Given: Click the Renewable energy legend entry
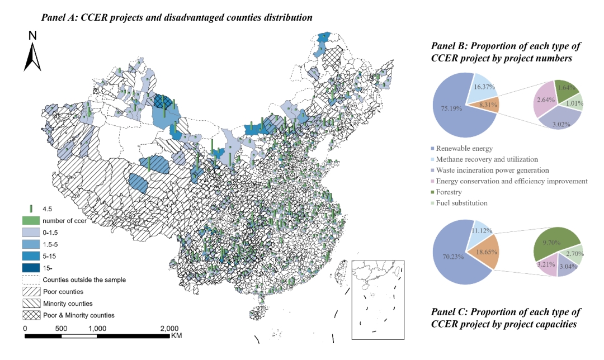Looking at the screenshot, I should click(x=464, y=148).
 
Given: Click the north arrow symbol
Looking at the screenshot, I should click(x=32, y=56).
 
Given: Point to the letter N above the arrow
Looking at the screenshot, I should click(x=32, y=35).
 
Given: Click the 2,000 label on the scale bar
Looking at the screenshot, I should click(x=169, y=328).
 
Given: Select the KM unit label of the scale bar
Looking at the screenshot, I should click(x=176, y=336).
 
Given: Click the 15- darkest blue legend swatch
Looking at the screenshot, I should click(x=31, y=268).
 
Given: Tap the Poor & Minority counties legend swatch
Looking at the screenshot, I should click(x=31, y=315).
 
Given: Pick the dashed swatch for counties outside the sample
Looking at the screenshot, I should click(x=31, y=280).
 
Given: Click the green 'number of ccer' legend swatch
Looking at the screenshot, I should click(x=31, y=220).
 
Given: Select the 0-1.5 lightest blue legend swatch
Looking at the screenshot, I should click(x=31, y=232).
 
